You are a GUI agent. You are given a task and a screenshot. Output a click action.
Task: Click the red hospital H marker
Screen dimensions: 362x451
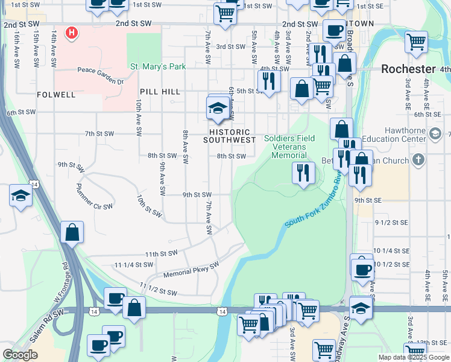click(x=72, y=32)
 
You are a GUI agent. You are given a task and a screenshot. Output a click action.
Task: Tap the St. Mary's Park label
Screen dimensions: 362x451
click(x=159, y=66)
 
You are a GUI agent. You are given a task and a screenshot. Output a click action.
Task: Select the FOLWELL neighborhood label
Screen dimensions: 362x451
click(x=56, y=95)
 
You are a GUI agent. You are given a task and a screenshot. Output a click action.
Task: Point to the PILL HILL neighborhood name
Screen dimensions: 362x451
click(x=160, y=91)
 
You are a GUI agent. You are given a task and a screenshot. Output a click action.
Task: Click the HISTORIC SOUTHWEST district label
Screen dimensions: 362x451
click(x=229, y=136)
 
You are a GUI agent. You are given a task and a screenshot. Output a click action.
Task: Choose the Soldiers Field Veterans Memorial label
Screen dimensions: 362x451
click(x=289, y=147)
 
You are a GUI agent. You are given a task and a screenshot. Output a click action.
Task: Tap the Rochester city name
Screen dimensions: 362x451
click(x=408, y=69)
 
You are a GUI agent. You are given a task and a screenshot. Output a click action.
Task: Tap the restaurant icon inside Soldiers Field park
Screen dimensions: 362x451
click(x=303, y=173)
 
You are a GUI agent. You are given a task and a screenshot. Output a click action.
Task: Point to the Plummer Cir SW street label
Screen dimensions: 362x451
click(x=95, y=197)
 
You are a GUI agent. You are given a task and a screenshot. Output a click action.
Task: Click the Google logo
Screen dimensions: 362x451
click(x=20, y=355)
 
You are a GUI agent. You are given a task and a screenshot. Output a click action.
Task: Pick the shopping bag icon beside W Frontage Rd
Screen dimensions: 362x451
click(x=72, y=233)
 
